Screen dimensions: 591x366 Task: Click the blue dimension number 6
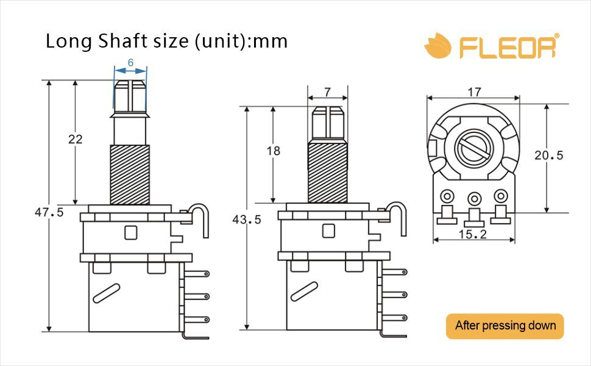pyautogui.click(x=130, y=62)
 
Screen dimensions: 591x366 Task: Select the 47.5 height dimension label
pyautogui.click(x=49, y=212)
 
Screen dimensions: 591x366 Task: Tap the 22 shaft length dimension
pyautogui.click(x=76, y=139)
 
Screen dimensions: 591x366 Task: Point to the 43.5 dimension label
pyautogui.click(x=247, y=220)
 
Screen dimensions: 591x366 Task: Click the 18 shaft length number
pyautogui.click(x=274, y=151)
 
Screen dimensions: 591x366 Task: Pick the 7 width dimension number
pyautogui.click(x=328, y=92)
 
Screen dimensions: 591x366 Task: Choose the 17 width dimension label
pyautogui.click(x=475, y=92)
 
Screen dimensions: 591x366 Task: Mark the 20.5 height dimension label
pyautogui.click(x=549, y=155)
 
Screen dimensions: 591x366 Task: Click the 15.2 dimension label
pyautogui.click(x=473, y=234)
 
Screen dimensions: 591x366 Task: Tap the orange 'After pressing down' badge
pyautogui.click(x=505, y=326)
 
